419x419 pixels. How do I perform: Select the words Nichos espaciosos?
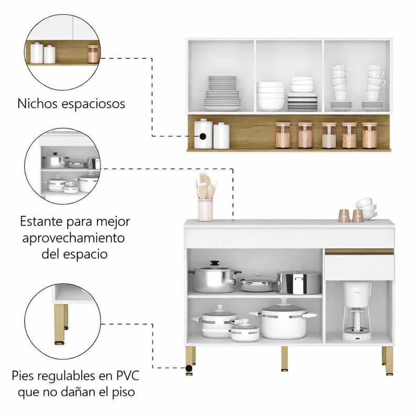tap(72, 103)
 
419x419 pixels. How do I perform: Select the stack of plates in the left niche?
tap(222, 93)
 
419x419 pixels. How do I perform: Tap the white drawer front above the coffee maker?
tap(358, 268)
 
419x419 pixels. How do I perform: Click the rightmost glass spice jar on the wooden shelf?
tap(369, 136)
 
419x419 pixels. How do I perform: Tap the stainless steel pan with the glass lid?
tap(257, 283)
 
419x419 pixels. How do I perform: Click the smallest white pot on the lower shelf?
tap(245, 331)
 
